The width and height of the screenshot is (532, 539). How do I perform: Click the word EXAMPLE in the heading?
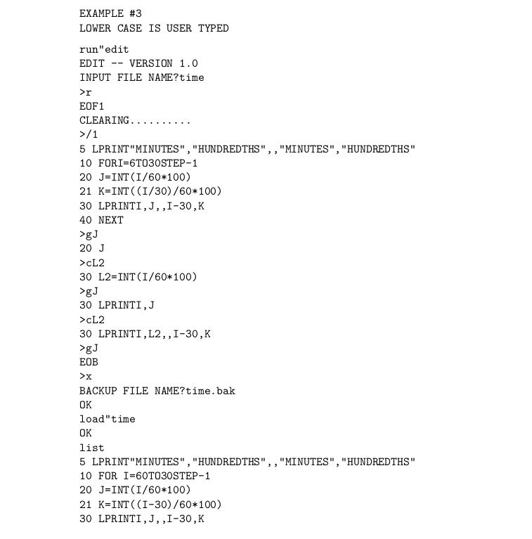pyautogui.click(x=101, y=14)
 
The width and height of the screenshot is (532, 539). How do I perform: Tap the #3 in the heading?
pyautogui.click(x=136, y=14)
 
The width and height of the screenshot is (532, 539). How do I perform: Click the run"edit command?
pyautogui.click(x=104, y=49)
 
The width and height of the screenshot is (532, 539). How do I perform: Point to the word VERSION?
pyautogui.click(x=151, y=63)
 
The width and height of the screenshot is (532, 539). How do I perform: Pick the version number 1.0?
pyautogui.click(x=188, y=63)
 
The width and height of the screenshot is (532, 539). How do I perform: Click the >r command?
pyautogui.click(x=86, y=92)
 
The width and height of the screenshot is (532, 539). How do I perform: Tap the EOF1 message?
pyautogui.click(x=92, y=106)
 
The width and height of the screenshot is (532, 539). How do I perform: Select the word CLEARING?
pyautogui.click(x=105, y=120)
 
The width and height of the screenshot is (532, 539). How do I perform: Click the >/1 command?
pyautogui.click(x=89, y=134)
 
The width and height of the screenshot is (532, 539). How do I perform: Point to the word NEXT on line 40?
pyautogui.click(x=111, y=220)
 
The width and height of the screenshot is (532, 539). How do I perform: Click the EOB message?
pyautogui.click(x=89, y=363)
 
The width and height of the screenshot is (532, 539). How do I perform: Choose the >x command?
pyautogui.click(x=86, y=377)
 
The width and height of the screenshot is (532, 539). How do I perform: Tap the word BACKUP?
pyautogui.click(x=98, y=391)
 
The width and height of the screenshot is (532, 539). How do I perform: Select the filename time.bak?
pyautogui.click(x=210, y=391)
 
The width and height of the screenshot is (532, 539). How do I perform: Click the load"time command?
pyautogui.click(x=108, y=420)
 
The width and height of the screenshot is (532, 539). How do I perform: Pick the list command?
pyautogui.click(x=92, y=448)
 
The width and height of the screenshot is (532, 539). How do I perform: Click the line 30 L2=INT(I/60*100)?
pyautogui.click(x=138, y=277)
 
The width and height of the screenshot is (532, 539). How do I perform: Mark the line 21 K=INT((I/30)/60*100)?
pyautogui.click(x=150, y=191)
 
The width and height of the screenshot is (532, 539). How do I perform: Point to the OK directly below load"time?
pyautogui.click(x=86, y=434)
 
